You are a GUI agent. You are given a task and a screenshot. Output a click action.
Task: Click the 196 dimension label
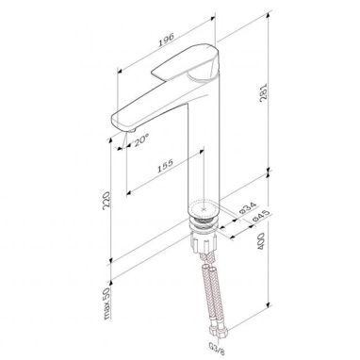[166, 40]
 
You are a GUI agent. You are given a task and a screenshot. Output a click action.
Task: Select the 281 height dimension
[263, 92]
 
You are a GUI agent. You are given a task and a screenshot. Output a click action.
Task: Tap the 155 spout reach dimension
[165, 166]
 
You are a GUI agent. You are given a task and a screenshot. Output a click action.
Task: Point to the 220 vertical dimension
[107, 201]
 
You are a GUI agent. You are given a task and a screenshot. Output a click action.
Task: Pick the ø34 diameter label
[248, 208]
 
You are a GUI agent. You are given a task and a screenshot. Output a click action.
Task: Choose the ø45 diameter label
[261, 216]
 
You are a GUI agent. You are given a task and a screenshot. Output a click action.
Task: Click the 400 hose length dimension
[261, 241]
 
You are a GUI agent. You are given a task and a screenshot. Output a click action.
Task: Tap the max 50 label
[107, 303]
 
